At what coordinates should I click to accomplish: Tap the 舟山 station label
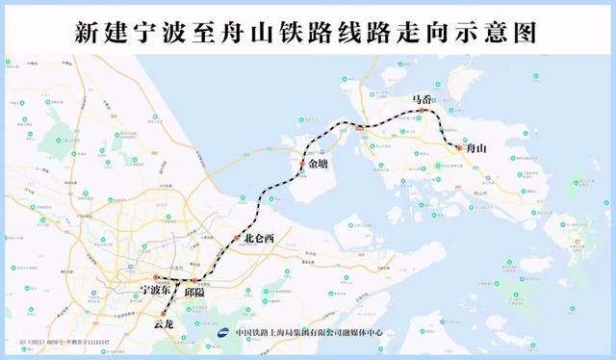475,149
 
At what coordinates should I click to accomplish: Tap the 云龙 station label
164,325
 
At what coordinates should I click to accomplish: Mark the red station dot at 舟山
458,148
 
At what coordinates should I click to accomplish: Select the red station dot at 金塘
301,165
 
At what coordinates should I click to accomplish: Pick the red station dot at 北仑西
237,237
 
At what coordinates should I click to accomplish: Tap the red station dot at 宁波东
155,276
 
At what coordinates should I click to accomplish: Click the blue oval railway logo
223,333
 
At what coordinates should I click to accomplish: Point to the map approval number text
58,342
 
